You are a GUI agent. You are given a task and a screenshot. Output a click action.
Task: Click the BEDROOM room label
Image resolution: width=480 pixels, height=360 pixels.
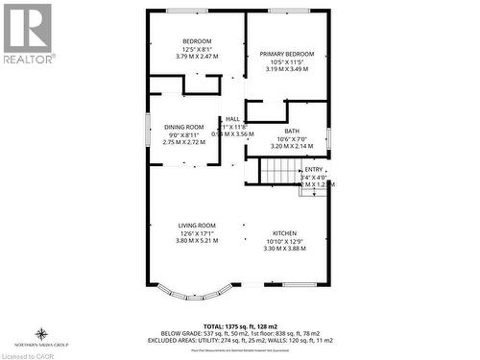pos(197,40)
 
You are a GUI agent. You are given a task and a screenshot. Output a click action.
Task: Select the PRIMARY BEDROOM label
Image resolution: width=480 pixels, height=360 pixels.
pos(286,54)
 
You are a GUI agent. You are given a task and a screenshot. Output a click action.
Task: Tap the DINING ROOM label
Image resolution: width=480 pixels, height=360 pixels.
pos(183,127)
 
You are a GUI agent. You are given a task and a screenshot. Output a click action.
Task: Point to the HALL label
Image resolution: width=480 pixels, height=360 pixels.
pos(232,118)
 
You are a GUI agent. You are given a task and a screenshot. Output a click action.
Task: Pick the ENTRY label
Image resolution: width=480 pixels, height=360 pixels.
pos(313,169)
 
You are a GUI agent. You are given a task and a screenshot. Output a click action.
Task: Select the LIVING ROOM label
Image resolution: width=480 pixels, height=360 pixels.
pos(197,225)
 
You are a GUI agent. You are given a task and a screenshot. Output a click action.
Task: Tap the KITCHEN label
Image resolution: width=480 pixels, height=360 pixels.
pos(285,233)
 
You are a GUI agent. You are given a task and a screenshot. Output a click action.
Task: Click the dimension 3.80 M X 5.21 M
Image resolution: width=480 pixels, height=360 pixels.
pos(197,241)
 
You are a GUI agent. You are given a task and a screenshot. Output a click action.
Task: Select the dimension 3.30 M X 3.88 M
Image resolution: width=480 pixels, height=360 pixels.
pos(285,249)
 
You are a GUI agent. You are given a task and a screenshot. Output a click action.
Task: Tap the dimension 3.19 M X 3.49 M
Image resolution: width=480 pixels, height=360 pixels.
pos(286,69)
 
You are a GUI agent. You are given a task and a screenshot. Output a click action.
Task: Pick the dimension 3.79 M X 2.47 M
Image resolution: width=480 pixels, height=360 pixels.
pos(197,56)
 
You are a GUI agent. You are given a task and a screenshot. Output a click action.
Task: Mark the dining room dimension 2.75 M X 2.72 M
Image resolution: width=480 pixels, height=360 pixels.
pos(183,142)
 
